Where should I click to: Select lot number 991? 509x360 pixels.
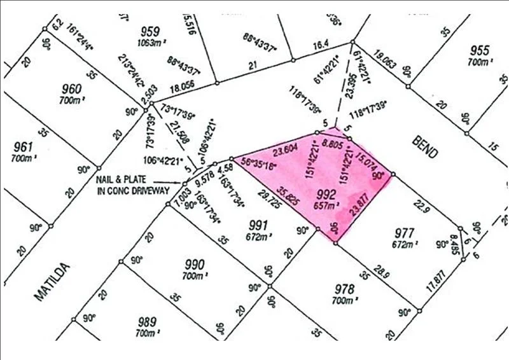point(259,224)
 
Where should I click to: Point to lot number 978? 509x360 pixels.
point(344,289)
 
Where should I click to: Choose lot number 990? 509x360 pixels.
point(195,265)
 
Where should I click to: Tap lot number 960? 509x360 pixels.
point(71,89)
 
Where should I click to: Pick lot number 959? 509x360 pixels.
point(150,31)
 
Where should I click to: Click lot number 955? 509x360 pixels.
point(480,52)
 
